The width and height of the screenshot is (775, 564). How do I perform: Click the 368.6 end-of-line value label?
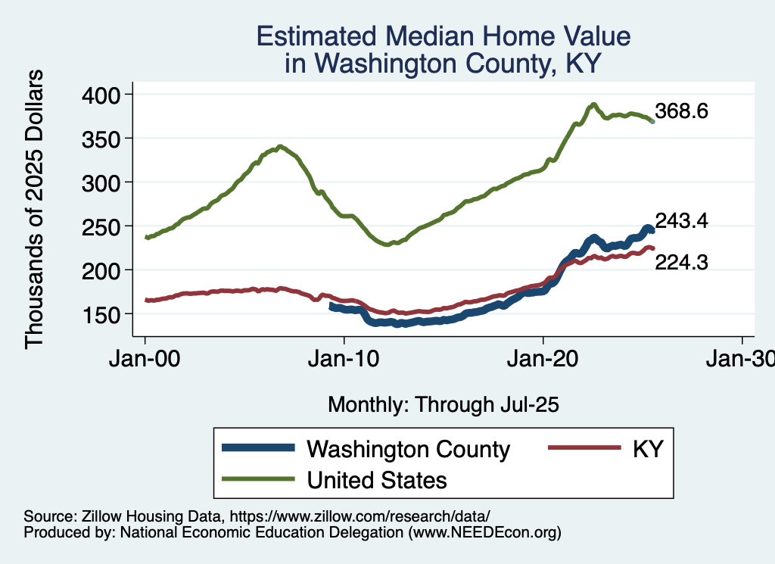(x=682, y=111)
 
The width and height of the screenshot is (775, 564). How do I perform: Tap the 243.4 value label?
(x=682, y=220)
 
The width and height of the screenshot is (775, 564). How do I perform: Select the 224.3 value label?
(x=682, y=262)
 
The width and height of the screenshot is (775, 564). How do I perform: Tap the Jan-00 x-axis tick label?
(x=145, y=359)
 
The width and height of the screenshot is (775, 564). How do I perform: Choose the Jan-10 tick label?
(x=344, y=359)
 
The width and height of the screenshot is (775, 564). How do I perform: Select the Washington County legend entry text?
(x=408, y=449)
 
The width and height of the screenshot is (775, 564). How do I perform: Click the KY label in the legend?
(x=648, y=449)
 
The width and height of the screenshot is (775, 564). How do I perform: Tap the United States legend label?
(x=376, y=479)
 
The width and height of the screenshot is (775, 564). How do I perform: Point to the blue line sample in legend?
(x=257, y=448)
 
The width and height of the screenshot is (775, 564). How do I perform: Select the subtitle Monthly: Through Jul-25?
(x=444, y=405)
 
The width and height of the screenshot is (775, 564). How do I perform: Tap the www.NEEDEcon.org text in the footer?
(x=484, y=532)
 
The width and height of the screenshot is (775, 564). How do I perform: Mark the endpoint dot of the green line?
(x=652, y=121)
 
